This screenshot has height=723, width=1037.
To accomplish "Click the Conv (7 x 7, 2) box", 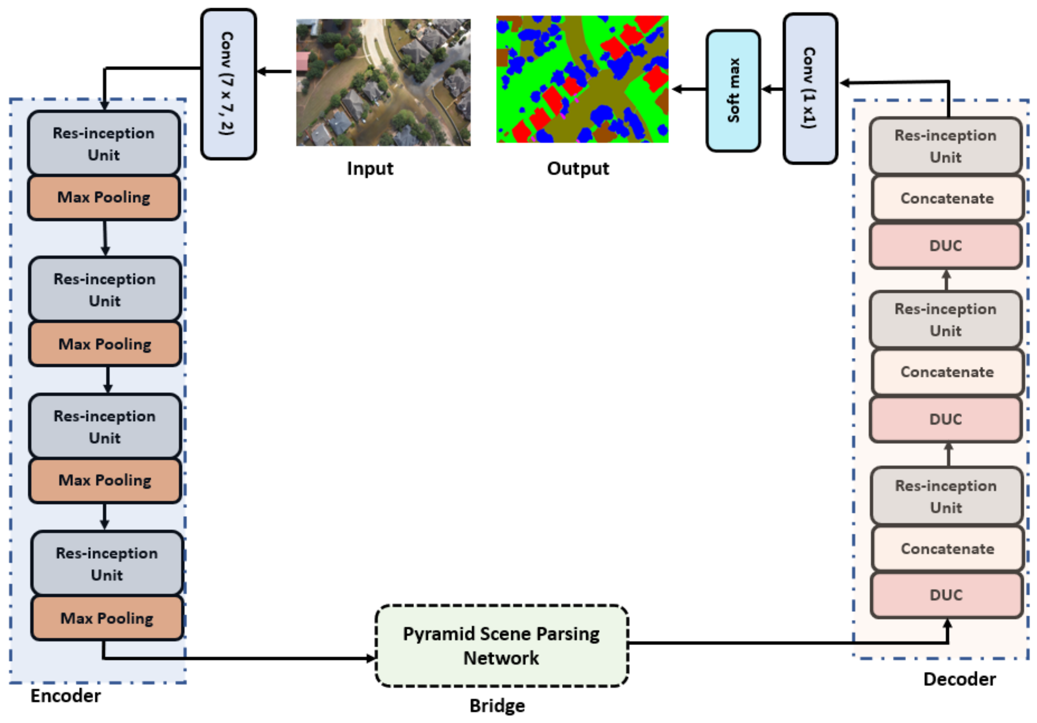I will [x=229, y=84].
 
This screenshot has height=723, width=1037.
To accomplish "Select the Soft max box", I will [x=733, y=91].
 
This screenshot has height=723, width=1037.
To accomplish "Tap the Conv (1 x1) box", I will [x=810, y=88].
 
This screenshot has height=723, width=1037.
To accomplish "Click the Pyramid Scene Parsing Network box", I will [x=501, y=646].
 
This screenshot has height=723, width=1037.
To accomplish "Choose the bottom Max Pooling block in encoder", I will [x=107, y=618].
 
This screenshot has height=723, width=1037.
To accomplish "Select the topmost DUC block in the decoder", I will [x=945, y=246].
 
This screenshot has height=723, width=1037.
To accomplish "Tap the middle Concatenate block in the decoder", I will [x=947, y=372].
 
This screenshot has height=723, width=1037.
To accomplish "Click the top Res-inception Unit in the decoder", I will [x=945, y=146].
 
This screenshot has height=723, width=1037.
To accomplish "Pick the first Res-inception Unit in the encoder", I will [x=104, y=144].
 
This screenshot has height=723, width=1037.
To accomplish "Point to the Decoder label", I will [x=959, y=680].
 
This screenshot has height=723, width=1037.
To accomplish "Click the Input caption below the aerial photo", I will [x=370, y=169].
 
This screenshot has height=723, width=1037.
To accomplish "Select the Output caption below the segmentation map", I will [x=578, y=169].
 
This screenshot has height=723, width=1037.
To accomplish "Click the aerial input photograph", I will [x=383, y=82].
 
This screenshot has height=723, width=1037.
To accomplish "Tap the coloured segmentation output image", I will [x=582, y=80].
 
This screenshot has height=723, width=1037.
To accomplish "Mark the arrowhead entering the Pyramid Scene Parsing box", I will [x=371, y=658].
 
